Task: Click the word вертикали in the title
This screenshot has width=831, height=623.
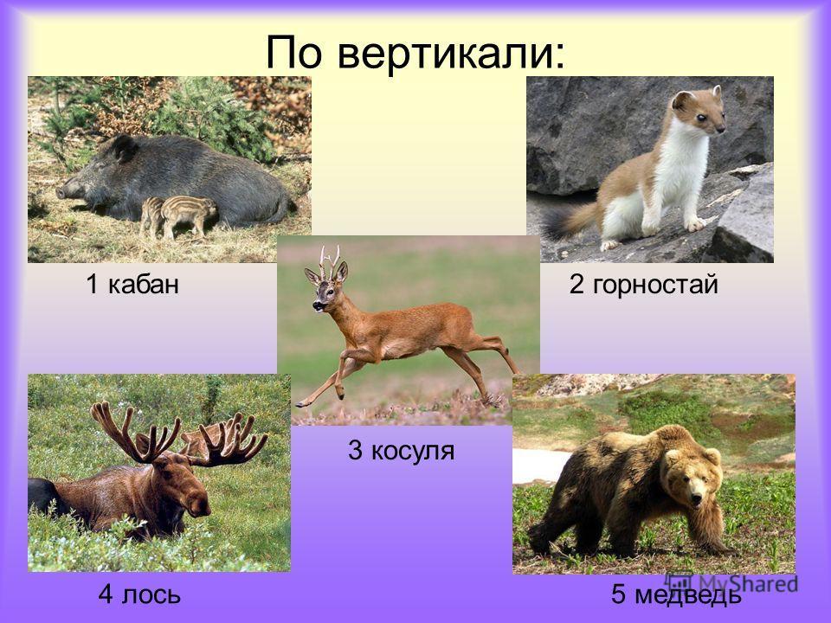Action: [452, 54]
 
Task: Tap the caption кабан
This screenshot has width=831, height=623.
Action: [144, 285]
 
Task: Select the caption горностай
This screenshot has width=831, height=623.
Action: [655, 285]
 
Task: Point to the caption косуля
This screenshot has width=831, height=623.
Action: [412, 451]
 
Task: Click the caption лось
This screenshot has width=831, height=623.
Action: [151, 594]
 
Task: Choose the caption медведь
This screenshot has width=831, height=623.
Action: [688, 594]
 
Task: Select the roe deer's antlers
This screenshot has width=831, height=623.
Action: [330, 260]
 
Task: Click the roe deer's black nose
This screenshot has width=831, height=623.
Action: [315, 305]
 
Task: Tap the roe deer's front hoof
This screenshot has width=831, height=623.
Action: [300, 404]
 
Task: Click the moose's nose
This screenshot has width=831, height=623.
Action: [200, 507]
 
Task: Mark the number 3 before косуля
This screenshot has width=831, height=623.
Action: [355, 451]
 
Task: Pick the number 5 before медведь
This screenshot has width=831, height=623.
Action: [618, 594]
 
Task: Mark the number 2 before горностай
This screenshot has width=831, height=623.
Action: [577, 285]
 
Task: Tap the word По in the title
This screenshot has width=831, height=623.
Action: [293, 52]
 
